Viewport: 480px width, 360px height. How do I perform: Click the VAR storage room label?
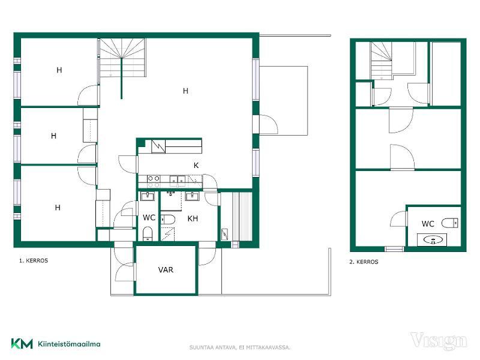click(166, 269)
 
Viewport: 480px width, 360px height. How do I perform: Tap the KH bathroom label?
click(193, 218)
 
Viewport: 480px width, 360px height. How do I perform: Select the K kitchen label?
click(196, 166)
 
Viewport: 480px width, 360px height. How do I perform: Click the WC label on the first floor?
click(149, 218)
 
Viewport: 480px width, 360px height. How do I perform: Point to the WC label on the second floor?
click(428, 224)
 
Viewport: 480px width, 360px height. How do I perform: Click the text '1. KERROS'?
click(34, 261)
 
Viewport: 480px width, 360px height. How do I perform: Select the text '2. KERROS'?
click(364, 262)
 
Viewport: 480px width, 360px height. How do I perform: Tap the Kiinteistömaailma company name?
click(69, 344)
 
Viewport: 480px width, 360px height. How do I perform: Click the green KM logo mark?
click(22, 343)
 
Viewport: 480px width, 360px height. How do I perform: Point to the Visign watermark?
click(439, 341)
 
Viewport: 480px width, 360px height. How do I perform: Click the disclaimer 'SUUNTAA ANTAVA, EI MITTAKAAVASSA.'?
click(239, 347)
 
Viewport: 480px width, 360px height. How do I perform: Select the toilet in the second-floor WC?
click(449, 223)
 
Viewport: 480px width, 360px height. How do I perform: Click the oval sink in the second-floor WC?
click(432, 239)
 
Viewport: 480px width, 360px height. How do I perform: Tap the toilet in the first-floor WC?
click(148, 233)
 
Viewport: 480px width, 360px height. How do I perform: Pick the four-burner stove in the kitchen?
click(154, 181)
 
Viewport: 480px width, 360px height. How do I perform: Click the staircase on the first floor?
click(122, 58)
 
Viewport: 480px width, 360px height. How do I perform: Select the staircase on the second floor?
click(382, 61)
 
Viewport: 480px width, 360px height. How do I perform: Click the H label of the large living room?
click(185, 91)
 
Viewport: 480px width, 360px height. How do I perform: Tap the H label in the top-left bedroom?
click(59, 70)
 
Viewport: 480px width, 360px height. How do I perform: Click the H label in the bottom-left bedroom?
click(58, 208)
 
